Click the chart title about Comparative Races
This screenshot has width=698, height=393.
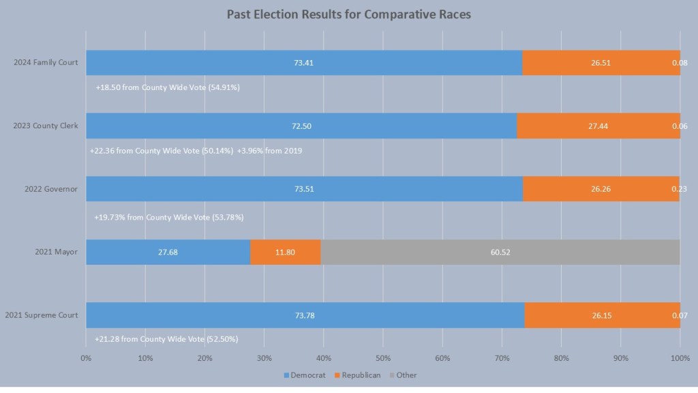tap(348, 14)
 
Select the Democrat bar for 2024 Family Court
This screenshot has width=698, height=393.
tap(303, 63)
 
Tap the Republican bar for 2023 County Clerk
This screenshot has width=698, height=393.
tap(598, 126)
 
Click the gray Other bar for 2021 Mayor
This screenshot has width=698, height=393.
tap(500, 252)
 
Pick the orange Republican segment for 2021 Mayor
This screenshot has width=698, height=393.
tap(285, 252)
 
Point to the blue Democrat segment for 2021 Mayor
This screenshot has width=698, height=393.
tap(168, 252)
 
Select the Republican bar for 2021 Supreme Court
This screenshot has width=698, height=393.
tap(602, 315)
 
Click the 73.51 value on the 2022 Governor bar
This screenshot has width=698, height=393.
tap(304, 189)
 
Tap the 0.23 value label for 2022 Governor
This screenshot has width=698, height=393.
tap(679, 189)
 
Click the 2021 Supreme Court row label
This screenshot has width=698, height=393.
tap(42, 315)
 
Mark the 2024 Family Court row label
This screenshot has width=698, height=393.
tap(46, 63)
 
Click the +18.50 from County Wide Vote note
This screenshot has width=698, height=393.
tap(168, 87)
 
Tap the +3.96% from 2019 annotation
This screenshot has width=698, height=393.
tap(270, 151)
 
